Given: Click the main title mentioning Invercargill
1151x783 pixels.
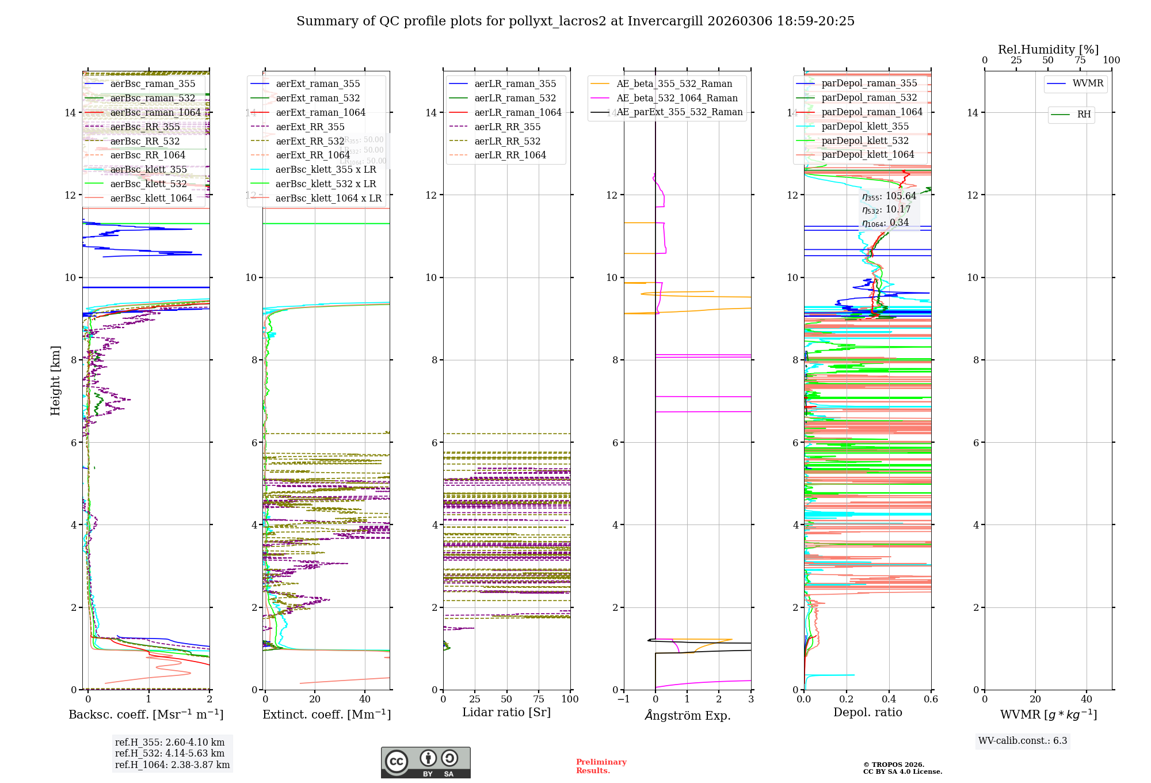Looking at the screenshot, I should coord(575,21).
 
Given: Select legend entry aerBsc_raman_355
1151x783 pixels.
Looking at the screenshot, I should coord(153,84).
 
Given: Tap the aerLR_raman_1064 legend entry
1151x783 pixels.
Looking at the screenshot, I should coord(517,113).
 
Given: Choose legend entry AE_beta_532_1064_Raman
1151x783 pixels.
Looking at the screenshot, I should coord(677,98).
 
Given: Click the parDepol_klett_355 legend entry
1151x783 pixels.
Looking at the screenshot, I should coord(865,127).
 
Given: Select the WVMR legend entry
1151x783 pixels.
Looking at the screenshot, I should coord(1088,83).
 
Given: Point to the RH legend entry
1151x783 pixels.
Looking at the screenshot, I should coord(1084,115).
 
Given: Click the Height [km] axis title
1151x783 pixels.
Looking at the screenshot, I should coord(55,381).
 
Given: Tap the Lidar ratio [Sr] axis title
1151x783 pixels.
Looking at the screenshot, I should coord(506,713).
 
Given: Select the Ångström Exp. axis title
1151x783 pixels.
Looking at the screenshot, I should coord(688,716).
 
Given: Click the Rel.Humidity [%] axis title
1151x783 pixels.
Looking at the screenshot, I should coord(1048,50).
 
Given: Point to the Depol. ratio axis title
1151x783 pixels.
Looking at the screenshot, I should coord(868,713).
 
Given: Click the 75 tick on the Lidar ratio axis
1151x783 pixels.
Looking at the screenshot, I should coord(539,700).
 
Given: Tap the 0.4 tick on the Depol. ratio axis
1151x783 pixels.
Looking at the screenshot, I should coord(889,700).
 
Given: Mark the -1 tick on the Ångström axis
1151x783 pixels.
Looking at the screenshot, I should coord(623,700).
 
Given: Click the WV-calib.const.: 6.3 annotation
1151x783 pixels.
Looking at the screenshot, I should coord(1023,741).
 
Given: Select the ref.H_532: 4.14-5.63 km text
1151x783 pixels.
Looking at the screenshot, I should coord(170,754).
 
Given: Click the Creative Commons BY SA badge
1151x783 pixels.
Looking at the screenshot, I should coord(425,762).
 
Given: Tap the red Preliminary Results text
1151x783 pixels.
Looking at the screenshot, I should coord(601,766).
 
